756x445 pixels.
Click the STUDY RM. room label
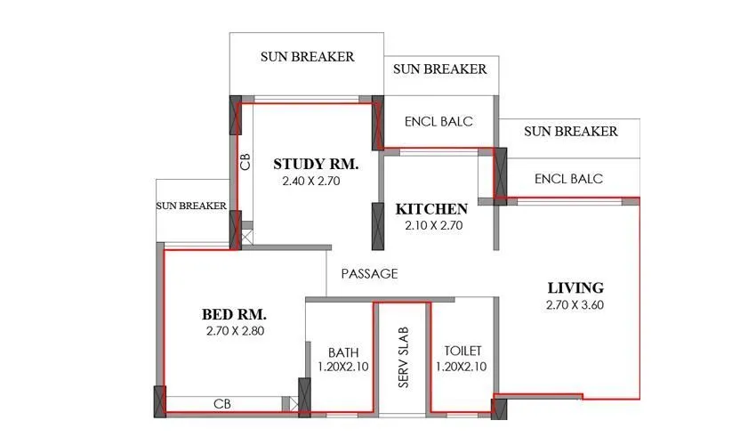point(315,164)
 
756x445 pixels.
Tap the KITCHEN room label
point(431,209)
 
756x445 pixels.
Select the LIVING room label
point(575,287)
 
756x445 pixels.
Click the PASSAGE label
point(369,274)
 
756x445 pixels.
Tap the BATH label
point(342,352)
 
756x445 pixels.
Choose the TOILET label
point(460,352)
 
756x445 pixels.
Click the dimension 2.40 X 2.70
point(311,181)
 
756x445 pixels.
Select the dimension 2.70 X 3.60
point(575,304)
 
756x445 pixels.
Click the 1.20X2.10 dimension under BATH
point(342,367)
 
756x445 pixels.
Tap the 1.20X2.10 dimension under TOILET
point(460,367)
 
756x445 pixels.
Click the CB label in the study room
point(245,161)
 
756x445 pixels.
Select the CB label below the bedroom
point(222,404)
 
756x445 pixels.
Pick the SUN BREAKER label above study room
point(307,56)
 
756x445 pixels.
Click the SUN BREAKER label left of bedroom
point(191,206)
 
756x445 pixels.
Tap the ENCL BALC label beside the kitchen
point(438,122)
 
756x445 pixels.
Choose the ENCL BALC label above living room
point(568,179)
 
